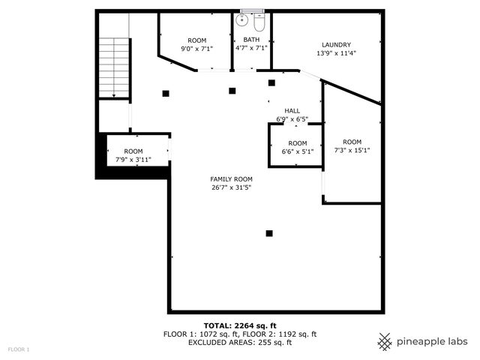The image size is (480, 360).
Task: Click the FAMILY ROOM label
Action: pyautogui.click(x=231, y=178)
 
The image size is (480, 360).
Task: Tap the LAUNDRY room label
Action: pyautogui.click(x=336, y=45)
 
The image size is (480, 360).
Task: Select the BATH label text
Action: pyautogui.click(x=250, y=39)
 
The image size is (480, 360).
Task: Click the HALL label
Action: pyautogui.click(x=292, y=110)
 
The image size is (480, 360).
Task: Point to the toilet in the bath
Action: pyautogui.click(x=259, y=21)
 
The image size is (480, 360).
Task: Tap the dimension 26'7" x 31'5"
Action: pyautogui.click(x=231, y=187)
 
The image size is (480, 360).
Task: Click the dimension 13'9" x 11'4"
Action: pyautogui.click(x=336, y=53)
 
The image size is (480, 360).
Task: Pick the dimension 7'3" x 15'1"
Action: pyautogui.click(x=352, y=150)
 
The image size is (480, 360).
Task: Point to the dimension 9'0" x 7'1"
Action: pyautogui.click(x=196, y=49)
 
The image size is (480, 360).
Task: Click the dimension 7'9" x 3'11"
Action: pyautogui.click(x=133, y=159)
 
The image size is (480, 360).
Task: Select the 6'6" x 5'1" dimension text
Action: pyautogui.click(x=297, y=151)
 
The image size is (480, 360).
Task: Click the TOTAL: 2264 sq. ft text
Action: pyautogui.click(x=240, y=325)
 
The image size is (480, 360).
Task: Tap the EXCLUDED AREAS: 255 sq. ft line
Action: pyautogui.click(x=240, y=342)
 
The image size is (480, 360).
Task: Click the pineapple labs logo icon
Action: pyautogui.click(x=385, y=341)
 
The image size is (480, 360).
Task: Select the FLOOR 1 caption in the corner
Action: pyautogui.click(x=19, y=349)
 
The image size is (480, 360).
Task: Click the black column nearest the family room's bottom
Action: pyautogui.click(x=269, y=232)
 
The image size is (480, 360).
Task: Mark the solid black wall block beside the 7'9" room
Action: pyautogui.click(x=101, y=155)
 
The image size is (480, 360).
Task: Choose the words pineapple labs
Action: pyautogui.click(x=433, y=341)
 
